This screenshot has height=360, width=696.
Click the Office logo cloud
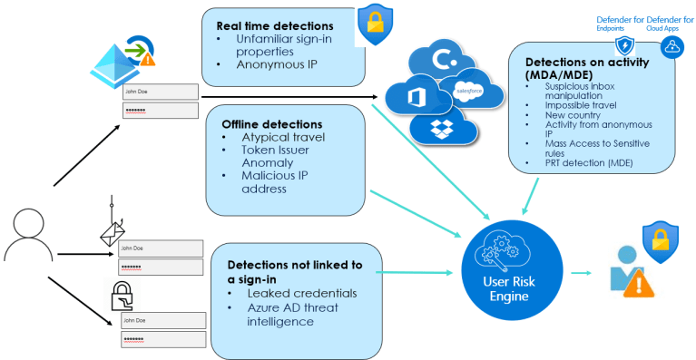point(417,95)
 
